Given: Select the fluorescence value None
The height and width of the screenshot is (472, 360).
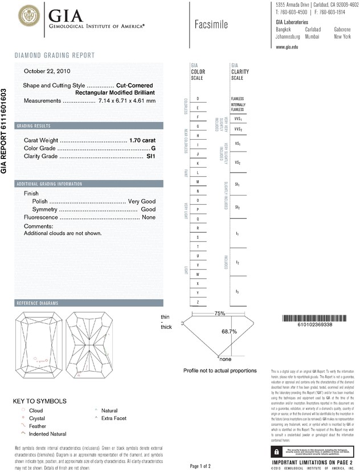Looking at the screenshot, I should click(x=149, y=218).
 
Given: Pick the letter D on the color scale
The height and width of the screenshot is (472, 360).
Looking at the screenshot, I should click(x=198, y=99).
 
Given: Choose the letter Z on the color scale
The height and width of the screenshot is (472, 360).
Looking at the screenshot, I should click(x=198, y=302).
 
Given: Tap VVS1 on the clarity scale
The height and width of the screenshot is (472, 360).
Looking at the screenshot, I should click(x=238, y=119).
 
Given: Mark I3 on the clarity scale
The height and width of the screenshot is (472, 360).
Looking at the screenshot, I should click(x=238, y=292).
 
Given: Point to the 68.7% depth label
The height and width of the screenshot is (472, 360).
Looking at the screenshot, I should click(x=228, y=331).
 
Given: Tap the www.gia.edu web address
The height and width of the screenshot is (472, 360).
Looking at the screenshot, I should click(x=287, y=47).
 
